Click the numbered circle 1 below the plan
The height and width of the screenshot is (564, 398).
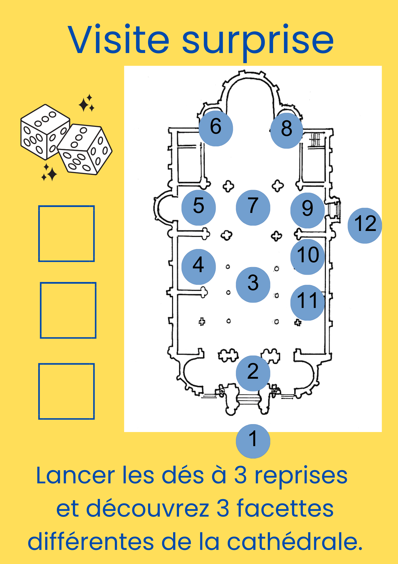point(253,441)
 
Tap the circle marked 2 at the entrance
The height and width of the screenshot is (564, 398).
point(253,373)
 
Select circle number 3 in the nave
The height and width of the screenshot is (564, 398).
point(253,285)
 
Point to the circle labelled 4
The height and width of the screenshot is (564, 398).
point(198,266)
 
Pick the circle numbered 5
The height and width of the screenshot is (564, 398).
point(198,208)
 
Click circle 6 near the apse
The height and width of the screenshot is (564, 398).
point(216,128)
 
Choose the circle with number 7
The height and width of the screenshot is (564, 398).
point(253,208)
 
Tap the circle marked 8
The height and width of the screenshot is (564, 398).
point(287,131)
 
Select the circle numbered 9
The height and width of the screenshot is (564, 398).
point(307,210)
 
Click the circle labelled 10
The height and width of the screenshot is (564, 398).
point(307,257)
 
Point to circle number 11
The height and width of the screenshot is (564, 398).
point(307,302)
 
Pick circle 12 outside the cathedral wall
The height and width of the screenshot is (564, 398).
point(365,226)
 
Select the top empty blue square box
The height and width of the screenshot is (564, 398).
point(66,233)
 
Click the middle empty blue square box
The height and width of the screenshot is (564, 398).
point(68,310)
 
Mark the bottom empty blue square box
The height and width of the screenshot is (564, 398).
point(66,391)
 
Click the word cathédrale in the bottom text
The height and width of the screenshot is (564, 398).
point(294,541)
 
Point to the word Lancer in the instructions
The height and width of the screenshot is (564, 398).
point(75,476)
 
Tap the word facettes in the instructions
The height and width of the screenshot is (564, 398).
point(285,508)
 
